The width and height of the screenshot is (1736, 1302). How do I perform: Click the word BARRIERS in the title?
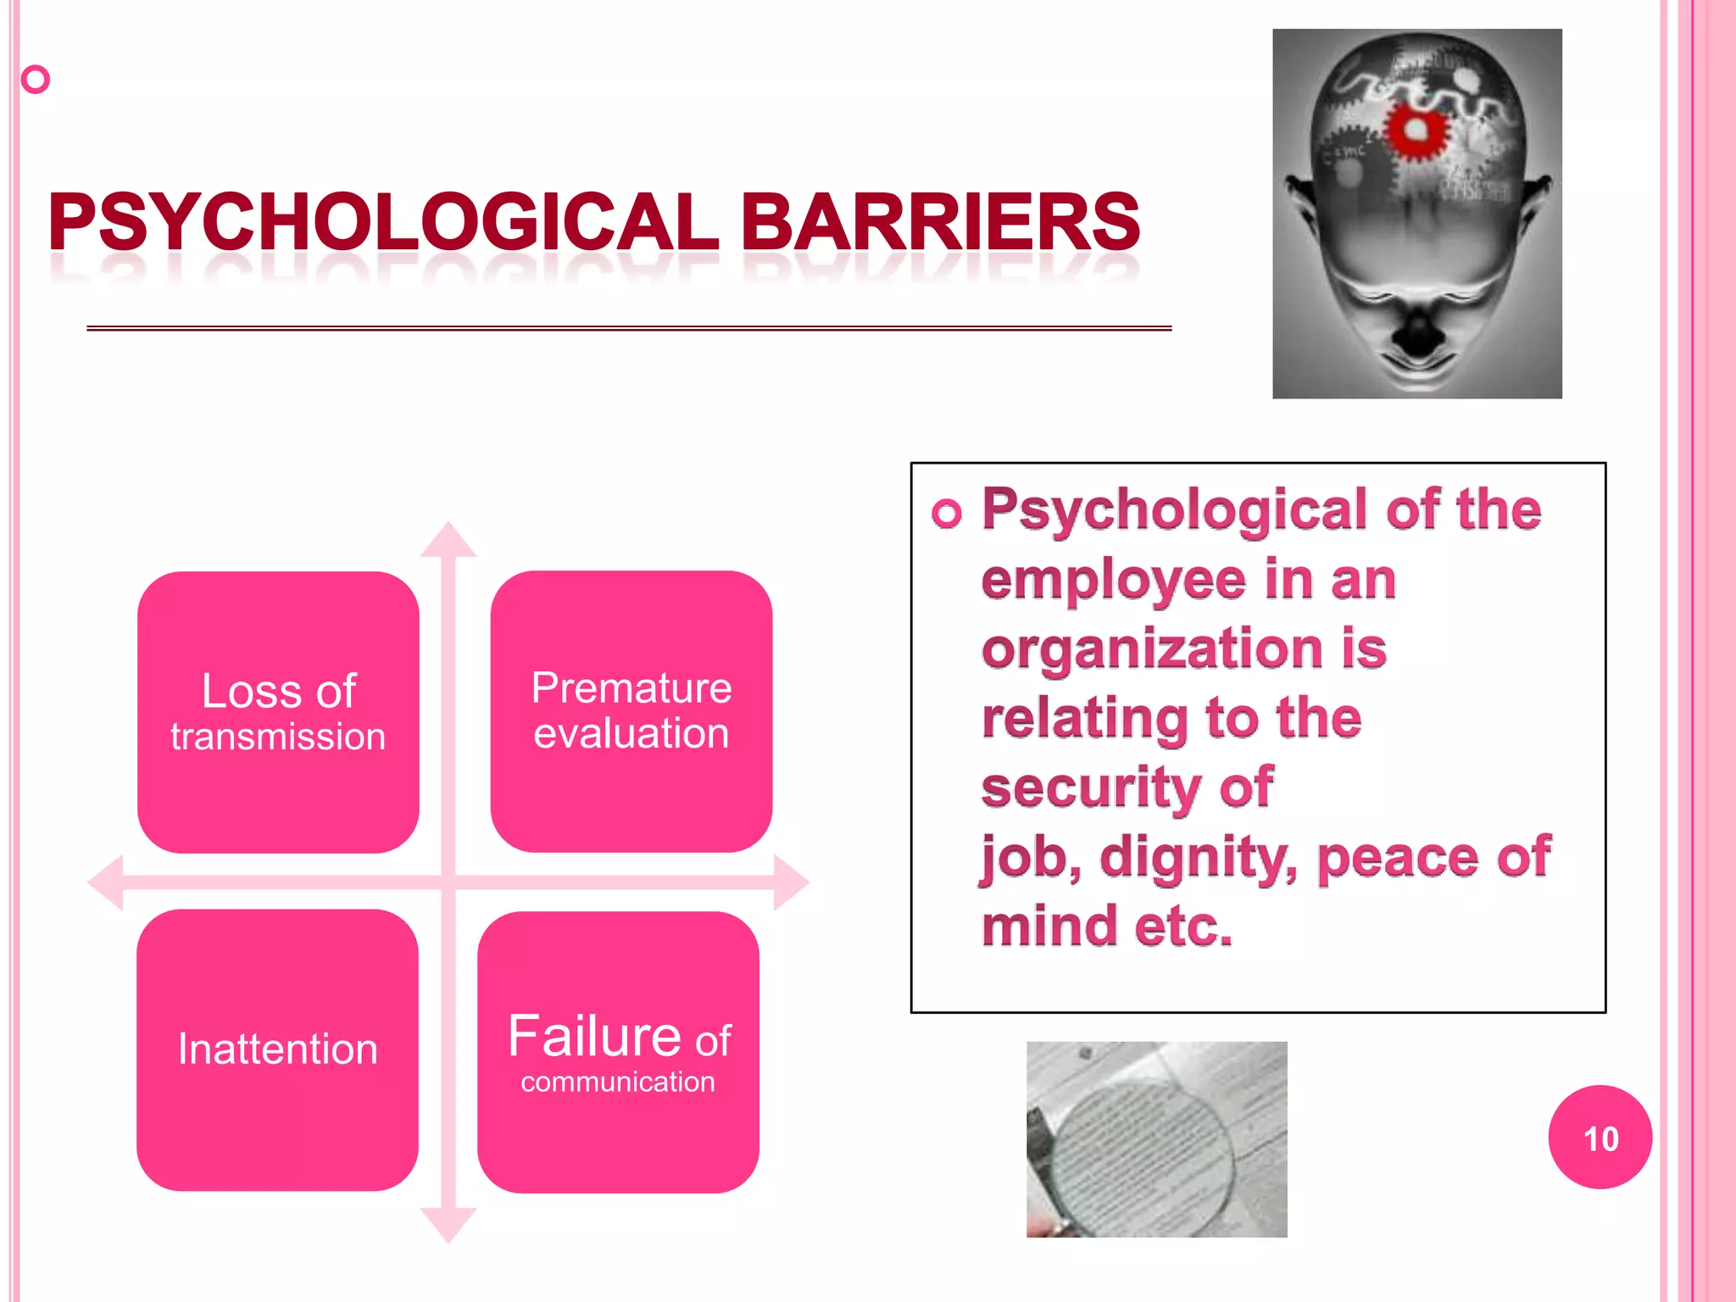click(941, 222)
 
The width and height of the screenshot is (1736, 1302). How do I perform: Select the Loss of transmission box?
click(278, 712)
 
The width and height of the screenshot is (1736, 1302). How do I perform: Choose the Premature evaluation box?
click(631, 710)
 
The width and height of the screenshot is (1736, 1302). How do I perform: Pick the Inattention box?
click(277, 1049)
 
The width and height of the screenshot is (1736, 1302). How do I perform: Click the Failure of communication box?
click(618, 1051)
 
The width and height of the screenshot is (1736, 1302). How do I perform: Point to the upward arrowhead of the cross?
click(448, 540)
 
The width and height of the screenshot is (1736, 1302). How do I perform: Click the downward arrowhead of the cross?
click(448, 1225)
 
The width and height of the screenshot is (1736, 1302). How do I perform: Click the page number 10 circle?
click(1600, 1138)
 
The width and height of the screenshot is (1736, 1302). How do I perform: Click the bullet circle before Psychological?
click(946, 513)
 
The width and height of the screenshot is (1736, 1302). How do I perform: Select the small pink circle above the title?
click(36, 80)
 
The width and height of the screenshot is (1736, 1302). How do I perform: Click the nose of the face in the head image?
click(1416, 331)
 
